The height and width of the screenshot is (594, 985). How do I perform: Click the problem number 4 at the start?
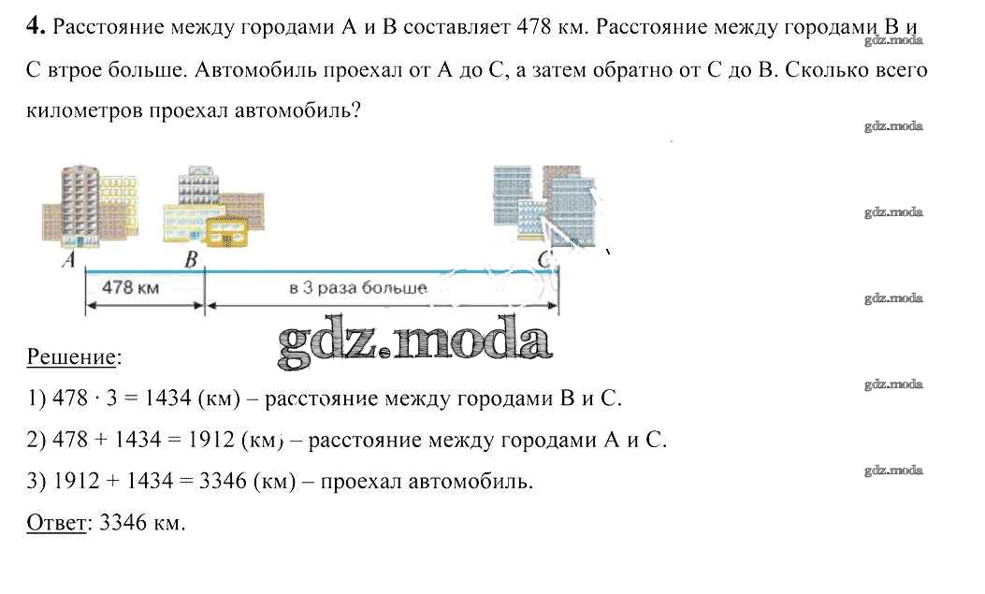click(36, 26)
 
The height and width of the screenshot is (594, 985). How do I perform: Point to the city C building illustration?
click(544, 205)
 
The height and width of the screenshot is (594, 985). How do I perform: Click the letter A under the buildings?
click(69, 259)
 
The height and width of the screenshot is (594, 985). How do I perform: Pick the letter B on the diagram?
click(191, 259)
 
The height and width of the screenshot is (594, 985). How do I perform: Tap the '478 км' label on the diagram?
click(130, 287)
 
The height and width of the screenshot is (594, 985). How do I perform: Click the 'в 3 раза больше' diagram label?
click(358, 288)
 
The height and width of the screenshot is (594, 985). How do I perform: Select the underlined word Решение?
click(72, 357)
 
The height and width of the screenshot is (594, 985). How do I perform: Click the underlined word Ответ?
click(56, 522)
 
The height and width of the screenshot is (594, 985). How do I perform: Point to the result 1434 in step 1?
click(167, 398)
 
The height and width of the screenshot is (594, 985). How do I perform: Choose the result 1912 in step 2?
click(211, 440)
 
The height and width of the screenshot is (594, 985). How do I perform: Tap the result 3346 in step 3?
click(223, 481)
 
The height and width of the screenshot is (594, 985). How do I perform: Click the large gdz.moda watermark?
click(414, 341)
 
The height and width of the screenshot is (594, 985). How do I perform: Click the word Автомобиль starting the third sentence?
click(255, 69)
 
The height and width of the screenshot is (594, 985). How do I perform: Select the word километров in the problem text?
click(83, 111)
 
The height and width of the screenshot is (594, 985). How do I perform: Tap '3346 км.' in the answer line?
click(142, 522)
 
